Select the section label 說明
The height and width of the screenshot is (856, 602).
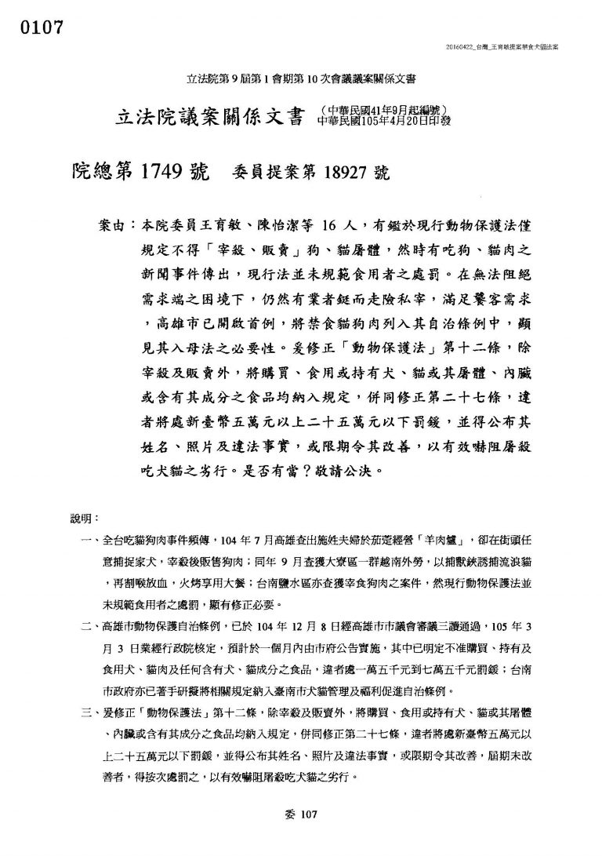tap(82, 519)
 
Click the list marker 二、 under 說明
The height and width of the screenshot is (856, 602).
tap(89, 628)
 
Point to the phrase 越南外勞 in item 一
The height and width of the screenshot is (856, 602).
tap(372, 563)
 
